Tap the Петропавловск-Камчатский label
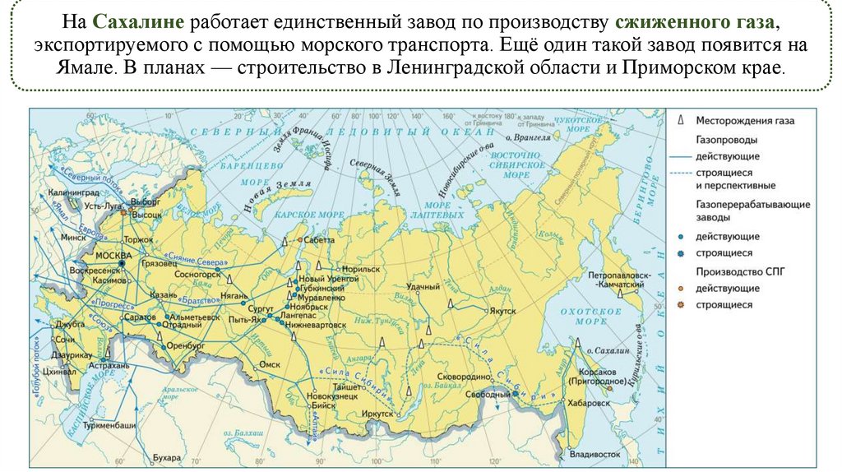(x=616, y=279)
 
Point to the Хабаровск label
(x=586, y=404)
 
